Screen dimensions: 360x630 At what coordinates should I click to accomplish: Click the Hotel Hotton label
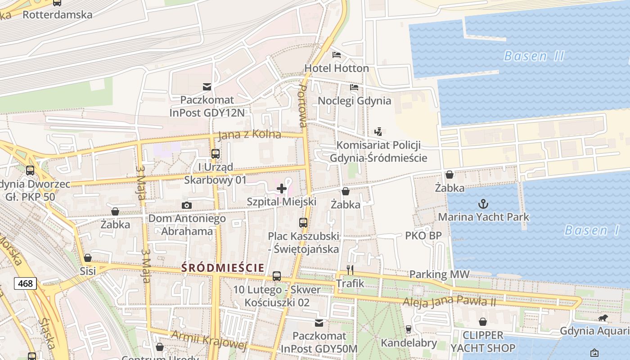click(x=337, y=68)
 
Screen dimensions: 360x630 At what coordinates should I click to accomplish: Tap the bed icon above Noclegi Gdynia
click(x=354, y=87)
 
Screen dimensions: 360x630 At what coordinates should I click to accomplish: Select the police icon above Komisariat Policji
click(x=378, y=132)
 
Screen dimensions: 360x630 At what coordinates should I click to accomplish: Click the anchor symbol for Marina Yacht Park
click(x=483, y=204)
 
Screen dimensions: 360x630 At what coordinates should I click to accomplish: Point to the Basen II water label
click(x=534, y=56)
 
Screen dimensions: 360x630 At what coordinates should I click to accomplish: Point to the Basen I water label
click(x=592, y=230)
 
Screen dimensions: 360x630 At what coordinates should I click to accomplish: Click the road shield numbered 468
click(x=25, y=283)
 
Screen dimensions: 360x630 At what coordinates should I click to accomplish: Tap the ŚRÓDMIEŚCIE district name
click(x=222, y=268)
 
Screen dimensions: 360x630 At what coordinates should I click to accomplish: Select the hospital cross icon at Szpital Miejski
click(x=282, y=188)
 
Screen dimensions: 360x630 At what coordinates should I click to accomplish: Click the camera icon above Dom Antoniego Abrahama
click(x=187, y=206)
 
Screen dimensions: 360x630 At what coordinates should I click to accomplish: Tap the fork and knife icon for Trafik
click(x=350, y=270)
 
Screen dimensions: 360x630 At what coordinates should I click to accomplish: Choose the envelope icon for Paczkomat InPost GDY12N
click(x=207, y=86)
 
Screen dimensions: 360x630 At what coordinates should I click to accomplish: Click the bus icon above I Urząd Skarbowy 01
click(x=216, y=153)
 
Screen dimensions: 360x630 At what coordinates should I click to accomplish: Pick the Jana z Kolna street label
click(x=249, y=135)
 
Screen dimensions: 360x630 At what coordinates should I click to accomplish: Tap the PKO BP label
click(x=423, y=235)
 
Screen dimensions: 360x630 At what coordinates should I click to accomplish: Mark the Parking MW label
click(x=439, y=274)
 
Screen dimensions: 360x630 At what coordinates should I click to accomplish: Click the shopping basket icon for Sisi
click(x=88, y=258)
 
